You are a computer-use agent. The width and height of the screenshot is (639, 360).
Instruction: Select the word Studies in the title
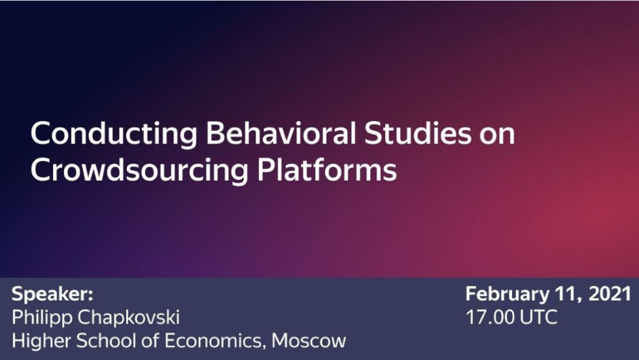point(418,134)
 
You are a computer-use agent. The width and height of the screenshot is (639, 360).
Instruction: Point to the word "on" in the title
point(497,137)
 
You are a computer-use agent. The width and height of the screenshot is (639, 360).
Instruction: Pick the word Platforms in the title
point(327,169)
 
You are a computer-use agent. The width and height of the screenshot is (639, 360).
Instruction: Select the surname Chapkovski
point(129,317)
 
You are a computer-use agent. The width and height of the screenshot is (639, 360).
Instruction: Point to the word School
point(107,341)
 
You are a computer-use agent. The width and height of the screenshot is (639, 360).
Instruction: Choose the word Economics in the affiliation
point(212,341)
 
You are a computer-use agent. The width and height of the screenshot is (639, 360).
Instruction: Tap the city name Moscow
point(309,341)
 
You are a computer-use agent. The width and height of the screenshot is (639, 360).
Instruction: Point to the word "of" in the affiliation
point(150,341)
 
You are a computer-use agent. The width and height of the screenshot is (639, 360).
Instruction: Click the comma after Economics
point(264,347)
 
